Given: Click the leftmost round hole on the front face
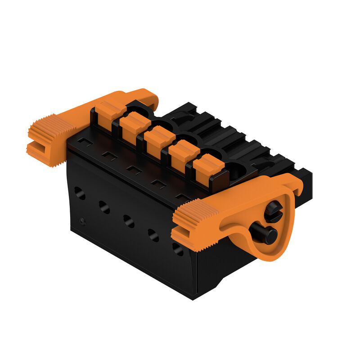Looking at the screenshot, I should tap(80, 193).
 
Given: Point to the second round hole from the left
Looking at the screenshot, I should tap(104, 207).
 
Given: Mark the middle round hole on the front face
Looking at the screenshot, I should tap(128, 221).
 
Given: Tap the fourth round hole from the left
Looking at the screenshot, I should tap(153, 235).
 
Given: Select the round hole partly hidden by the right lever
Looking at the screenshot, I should tap(178, 249).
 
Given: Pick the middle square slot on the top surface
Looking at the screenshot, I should tap(134, 170).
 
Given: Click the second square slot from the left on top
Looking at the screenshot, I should tap(109, 155).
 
